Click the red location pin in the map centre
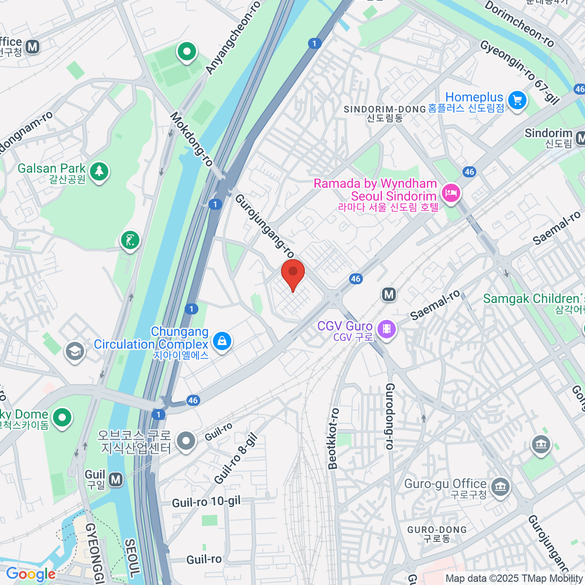pyautogui.click(x=293, y=273)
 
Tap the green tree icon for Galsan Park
pyautogui.click(x=99, y=171)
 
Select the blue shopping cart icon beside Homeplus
pyautogui.click(x=517, y=100)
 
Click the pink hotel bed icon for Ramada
pyautogui.click(x=450, y=193)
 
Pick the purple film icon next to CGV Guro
pyautogui.click(x=387, y=329)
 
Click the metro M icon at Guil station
pyautogui.click(x=116, y=479)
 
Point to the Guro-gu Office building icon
pyautogui.click(x=501, y=486)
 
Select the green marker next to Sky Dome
pyautogui.click(x=62, y=417)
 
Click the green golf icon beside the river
pyautogui.click(x=130, y=240)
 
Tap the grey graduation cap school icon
pyautogui.click(x=75, y=351)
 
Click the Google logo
pyautogui.click(x=31, y=574)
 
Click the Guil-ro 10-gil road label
pyautogui.click(x=206, y=502)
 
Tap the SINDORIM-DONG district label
pyautogui.click(x=385, y=109)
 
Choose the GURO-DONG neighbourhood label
pyautogui.click(x=437, y=530)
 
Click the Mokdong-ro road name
pyautogui.click(x=192, y=139)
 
